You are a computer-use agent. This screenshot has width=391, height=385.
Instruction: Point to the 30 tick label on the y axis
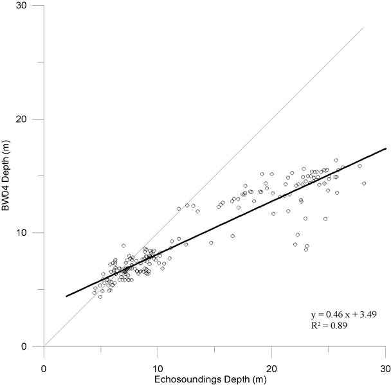tap(30, 6)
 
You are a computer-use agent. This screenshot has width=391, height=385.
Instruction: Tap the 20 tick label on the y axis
tap(30, 120)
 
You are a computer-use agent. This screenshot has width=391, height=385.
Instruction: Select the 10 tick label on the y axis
tap(30, 233)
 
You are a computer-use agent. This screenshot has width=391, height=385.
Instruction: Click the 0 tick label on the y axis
tap(32, 346)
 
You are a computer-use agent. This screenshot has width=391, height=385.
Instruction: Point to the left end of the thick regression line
tap(66, 296)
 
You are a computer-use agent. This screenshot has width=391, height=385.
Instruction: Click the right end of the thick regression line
tap(385, 148)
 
